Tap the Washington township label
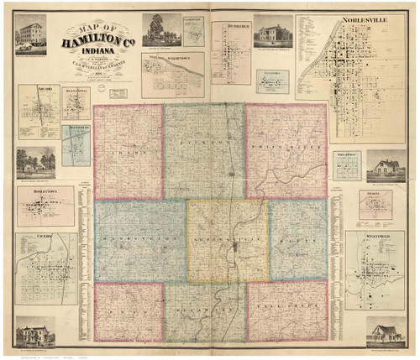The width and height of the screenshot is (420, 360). [x=139, y=241]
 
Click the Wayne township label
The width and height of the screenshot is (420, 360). [x=297, y=241]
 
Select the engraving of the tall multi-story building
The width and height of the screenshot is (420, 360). [x=30, y=33]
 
